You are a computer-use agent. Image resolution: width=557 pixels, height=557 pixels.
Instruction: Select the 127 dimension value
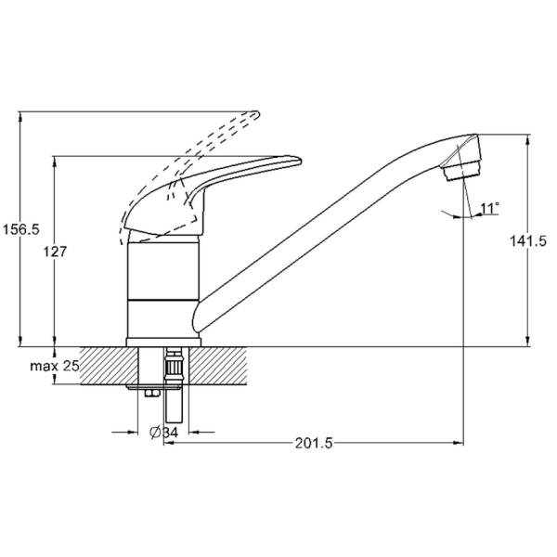click(58, 252)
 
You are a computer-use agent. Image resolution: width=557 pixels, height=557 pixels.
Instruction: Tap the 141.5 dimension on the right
click(528, 241)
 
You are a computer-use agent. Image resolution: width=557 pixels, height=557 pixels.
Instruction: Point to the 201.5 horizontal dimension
click(314, 443)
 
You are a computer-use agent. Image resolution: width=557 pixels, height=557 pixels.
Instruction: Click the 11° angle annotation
click(490, 208)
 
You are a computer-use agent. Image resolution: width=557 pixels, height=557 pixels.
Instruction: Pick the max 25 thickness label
click(54, 367)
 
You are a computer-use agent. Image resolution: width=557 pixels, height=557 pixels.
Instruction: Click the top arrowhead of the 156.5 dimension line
click(21, 116)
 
